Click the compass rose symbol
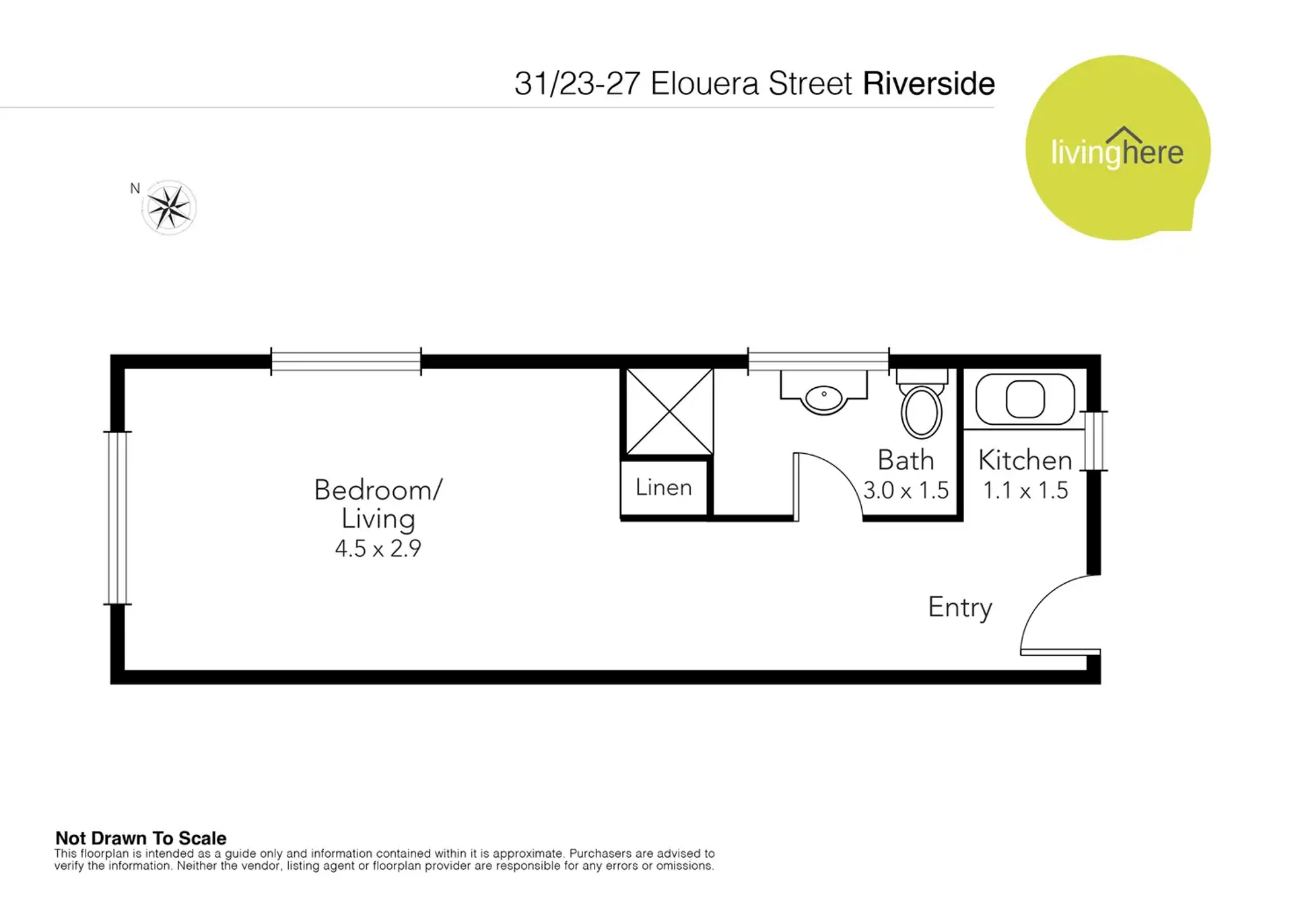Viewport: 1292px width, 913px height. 169,207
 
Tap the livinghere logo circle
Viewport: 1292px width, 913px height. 1118,148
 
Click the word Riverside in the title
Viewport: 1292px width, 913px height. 928,84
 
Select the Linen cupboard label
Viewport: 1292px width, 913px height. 664,487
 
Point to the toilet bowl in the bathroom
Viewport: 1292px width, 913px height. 922,411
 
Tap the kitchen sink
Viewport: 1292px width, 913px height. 1025,399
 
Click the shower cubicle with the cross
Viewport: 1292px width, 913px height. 670,411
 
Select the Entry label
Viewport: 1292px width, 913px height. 960,608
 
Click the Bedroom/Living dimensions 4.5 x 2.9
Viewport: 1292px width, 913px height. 378,549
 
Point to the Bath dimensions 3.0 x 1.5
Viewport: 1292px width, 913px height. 906,490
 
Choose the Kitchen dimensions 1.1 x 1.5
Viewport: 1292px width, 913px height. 1025,490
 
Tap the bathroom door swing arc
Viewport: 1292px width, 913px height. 841,472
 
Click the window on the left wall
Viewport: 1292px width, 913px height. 117,518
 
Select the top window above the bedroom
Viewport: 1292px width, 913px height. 346,362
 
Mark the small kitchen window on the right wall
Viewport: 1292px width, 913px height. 1094,440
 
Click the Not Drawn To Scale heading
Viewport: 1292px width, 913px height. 141,838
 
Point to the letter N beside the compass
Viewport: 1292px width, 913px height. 135,189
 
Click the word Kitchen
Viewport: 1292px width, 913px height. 1025,461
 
